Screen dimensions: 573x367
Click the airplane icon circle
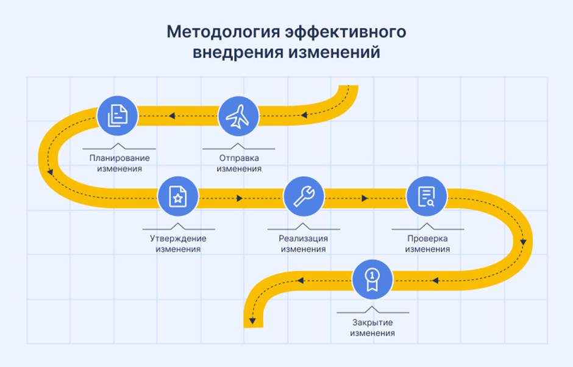point(238,116)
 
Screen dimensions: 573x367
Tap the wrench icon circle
point(304,197)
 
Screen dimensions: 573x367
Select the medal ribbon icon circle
point(372,280)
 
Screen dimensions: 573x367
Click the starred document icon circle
point(178,197)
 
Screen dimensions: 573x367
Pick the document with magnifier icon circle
point(427,197)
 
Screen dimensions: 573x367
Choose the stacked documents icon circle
point(117,116)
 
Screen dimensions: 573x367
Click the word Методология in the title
point(223,32)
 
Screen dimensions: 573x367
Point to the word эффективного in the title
point(346,32)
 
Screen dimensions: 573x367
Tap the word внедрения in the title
point(238,52)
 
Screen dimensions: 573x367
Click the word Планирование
point(119,158)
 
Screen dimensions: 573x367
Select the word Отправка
point(239,158)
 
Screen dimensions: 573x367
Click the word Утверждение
point(178,238)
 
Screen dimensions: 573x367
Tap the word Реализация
point(304,238)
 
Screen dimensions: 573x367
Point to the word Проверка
point(427,238)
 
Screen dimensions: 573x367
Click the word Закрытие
point(372,322)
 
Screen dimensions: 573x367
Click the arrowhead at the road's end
point(252,321)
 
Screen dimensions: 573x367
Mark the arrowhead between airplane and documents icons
point(172,116)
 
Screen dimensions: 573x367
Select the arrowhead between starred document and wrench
point(240,198)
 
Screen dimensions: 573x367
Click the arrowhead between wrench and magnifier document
point(365,198)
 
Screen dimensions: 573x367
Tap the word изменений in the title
point(335,52)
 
